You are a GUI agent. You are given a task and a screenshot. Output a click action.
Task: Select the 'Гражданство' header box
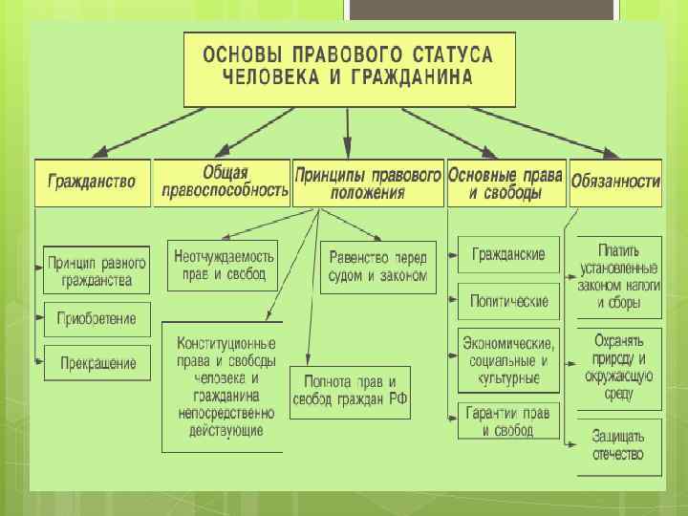pos(93,182)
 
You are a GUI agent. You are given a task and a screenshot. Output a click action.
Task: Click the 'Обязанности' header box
pos(615,182)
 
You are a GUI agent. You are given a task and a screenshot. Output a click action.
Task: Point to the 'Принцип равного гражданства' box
pos(97,270)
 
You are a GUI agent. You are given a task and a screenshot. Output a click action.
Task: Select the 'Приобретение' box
pos(97,318)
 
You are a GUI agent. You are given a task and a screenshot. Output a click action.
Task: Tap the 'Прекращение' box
pos(97,363)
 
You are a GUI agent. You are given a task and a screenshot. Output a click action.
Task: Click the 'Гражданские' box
pos(508,255)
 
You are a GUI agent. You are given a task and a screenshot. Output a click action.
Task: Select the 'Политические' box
pos(508,301)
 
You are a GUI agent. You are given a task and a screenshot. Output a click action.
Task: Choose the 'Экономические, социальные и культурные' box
pos(508,360)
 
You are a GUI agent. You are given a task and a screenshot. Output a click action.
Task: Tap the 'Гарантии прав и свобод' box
pos(508,421)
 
